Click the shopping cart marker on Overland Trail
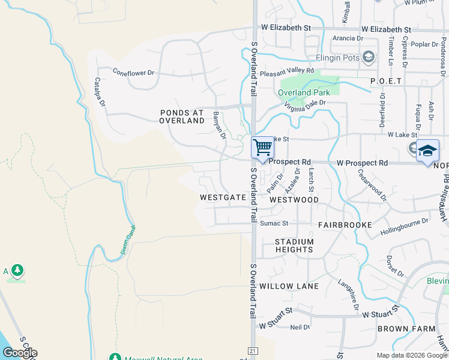tap(262, 148)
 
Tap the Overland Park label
tap(303, 92)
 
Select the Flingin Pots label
tap(337, 58)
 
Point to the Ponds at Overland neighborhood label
tap(182, 116)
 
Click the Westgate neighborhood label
tap(223, 197)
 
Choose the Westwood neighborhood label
tap(294, 199)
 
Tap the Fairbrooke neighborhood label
tap(345, 224)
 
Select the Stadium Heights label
tap(294, 245)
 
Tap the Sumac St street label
tap(274, 223)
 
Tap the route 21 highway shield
tap(253, 350)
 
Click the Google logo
tap(20, 352)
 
